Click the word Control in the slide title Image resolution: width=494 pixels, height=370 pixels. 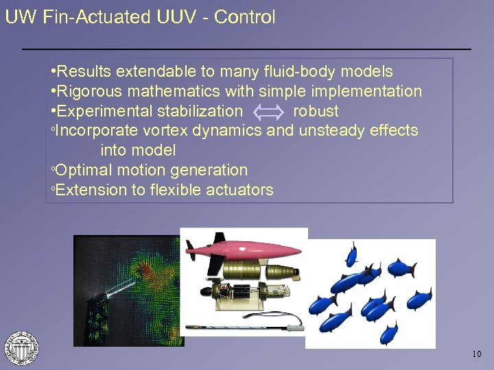[x=244, y=17]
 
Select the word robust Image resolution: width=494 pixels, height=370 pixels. [x=316, y=111]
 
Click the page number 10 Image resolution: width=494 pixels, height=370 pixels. [x=477, y=354]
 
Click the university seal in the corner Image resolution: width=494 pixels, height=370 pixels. [x=21, y=347]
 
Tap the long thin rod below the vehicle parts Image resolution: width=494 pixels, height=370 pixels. [x=247, y=321]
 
